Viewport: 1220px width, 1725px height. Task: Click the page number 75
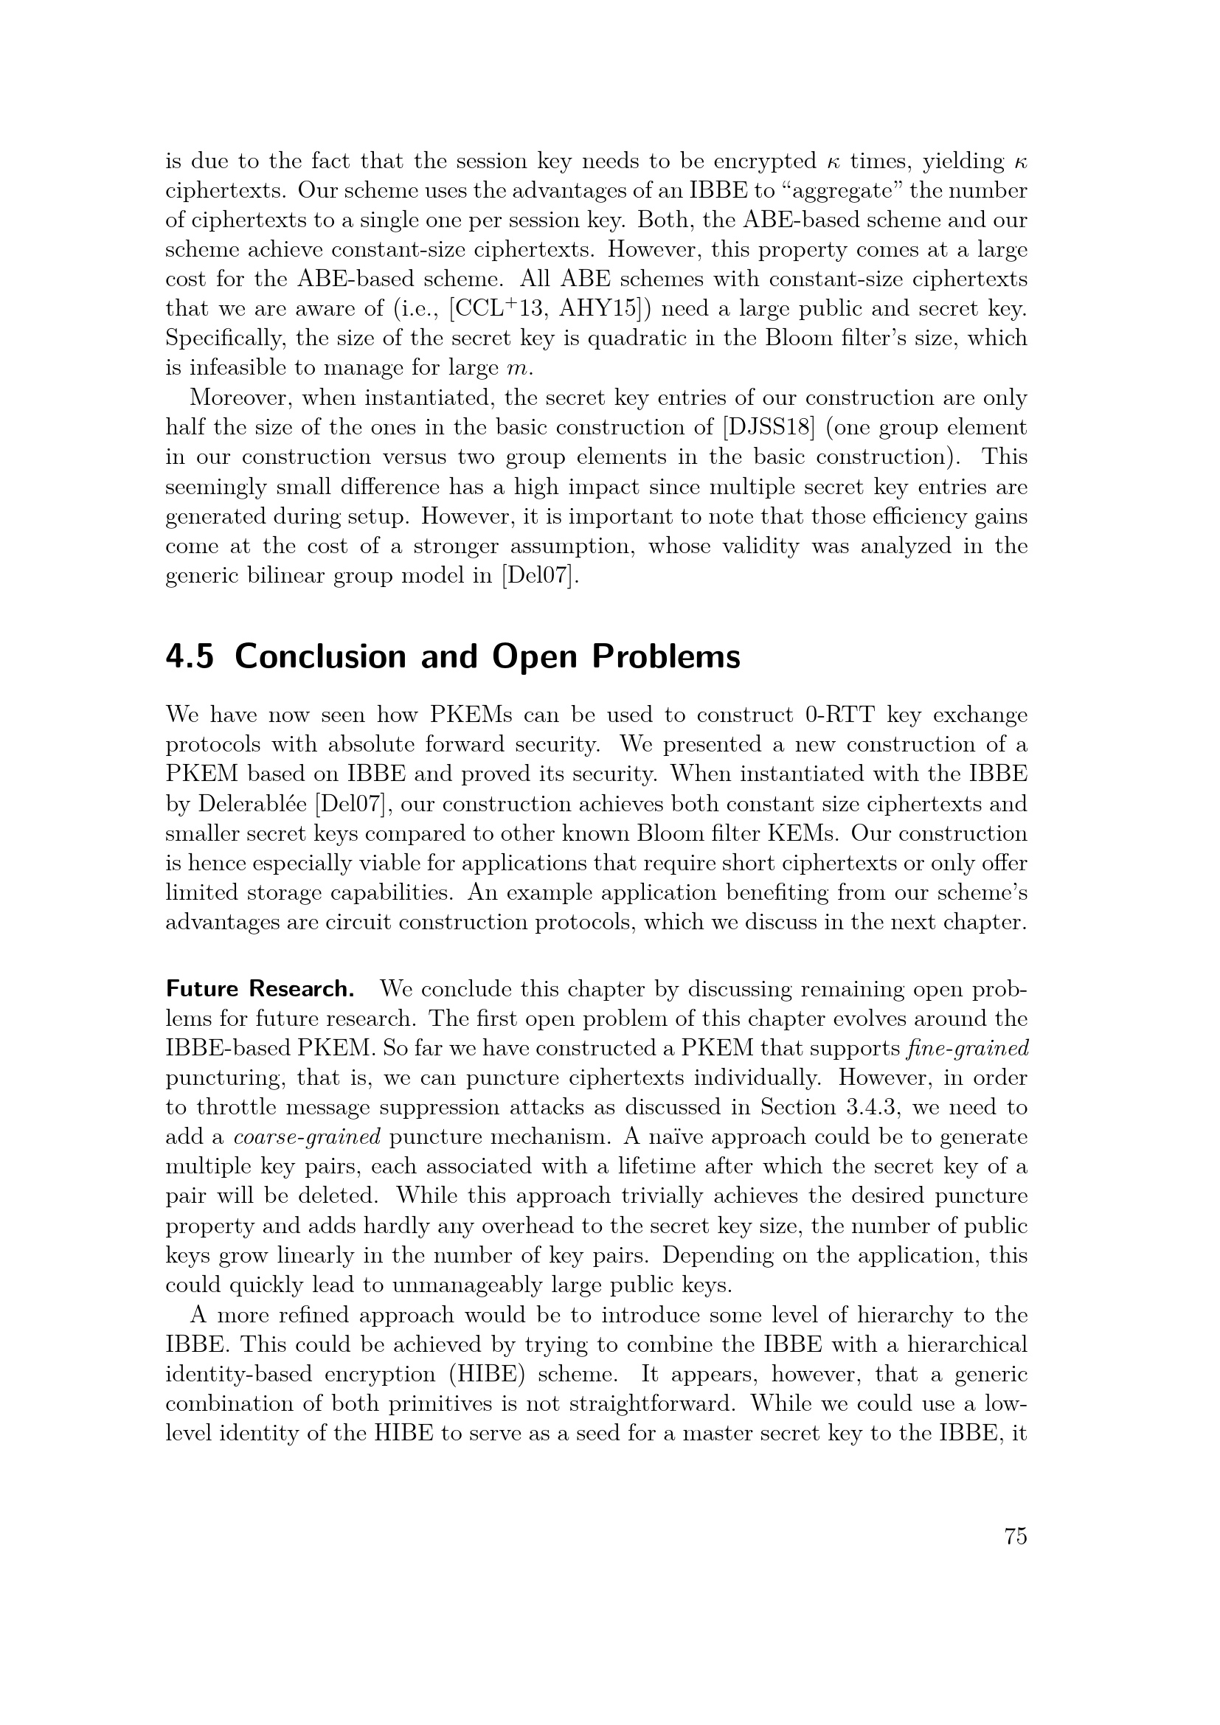(1015, 1537)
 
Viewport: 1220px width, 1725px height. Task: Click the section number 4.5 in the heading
(190, 656)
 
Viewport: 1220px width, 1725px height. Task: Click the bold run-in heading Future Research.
(260, 990)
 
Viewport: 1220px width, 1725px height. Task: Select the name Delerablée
(253, 804)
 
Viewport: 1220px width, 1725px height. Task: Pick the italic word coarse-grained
(308, 1137)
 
